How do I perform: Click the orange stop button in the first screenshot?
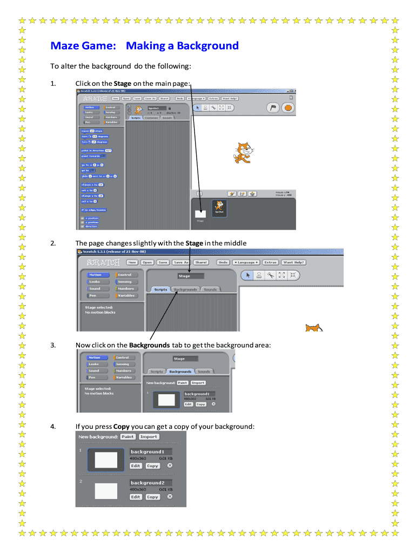click(x=288, y=107)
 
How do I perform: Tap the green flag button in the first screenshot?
click(x=273, y=107)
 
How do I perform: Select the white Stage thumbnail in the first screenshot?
click(x=200, y=213)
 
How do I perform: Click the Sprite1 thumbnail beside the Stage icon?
click(x=219, y=207)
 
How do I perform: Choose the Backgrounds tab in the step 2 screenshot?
click(x=185, y=289)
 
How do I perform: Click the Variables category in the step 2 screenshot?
click(x=126, y=295)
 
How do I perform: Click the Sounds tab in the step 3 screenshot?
click(x=204, y=372)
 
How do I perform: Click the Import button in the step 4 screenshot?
click(x=149, y=436)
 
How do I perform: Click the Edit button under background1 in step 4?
click(x=136, y=466)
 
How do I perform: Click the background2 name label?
click(x=151, y=483)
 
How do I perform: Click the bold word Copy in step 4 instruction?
click(x=122, y=427)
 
